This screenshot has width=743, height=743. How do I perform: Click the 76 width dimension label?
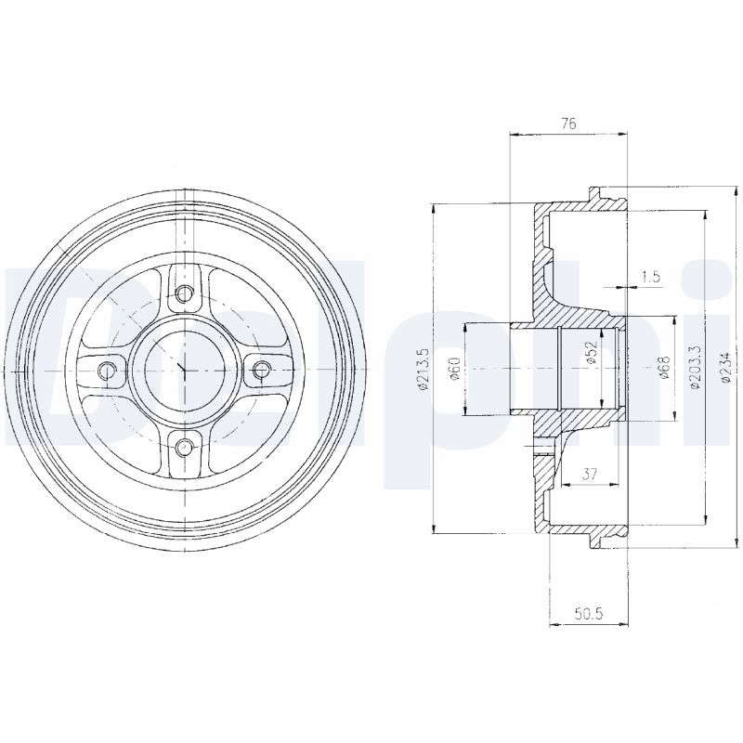coord(568,124)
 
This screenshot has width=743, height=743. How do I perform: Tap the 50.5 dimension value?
coord(588,614)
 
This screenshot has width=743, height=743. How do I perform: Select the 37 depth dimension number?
coord(589,474)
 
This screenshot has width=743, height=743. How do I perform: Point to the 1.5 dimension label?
coord(651,276)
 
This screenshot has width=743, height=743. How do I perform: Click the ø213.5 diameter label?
coord(424,369)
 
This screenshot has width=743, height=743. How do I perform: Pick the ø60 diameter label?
coord(455,369)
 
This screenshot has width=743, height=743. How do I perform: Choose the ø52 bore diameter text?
coord(591,353)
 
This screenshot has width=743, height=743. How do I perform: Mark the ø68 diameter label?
coord(663,367)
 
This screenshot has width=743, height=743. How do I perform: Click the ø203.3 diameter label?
coord(695,367)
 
